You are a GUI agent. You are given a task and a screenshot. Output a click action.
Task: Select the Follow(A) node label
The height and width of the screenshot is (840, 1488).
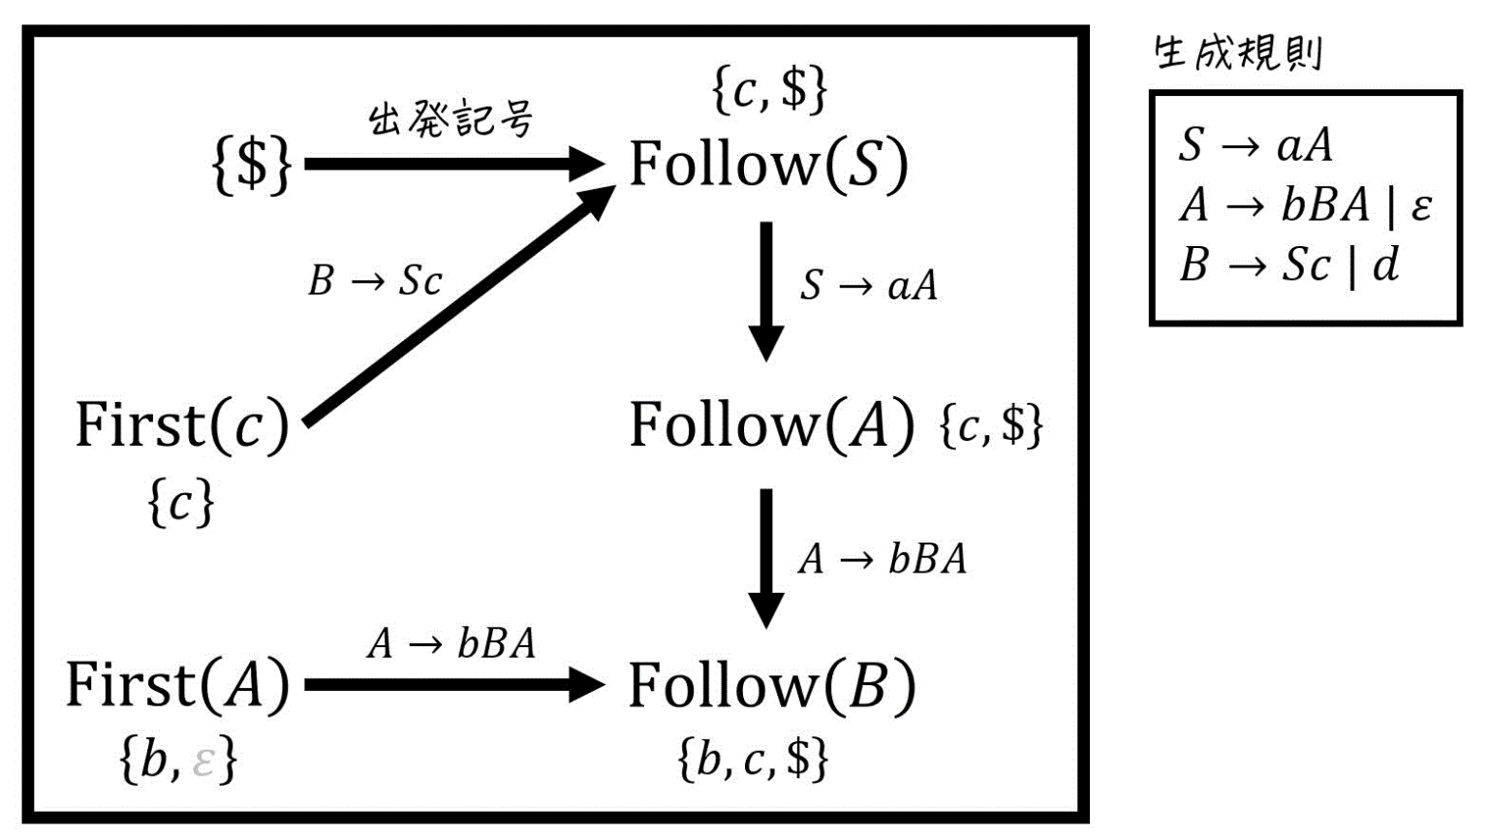pyautogui.click(x=771, y=424)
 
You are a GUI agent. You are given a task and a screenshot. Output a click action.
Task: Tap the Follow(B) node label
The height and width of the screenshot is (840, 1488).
pyautogui.click(x=771, y=686)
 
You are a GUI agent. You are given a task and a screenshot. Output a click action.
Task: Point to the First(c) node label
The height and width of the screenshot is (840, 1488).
pyautogui.click(x=182, y=424)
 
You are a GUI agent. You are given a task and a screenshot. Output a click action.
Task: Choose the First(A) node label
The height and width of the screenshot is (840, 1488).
pyautogui.click(x=177, y=684)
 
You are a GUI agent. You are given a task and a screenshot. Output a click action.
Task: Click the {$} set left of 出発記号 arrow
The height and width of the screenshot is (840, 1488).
pyautogui.click(x=251, y=163)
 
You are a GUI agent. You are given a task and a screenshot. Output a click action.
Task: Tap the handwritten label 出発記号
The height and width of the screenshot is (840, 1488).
pyautogui.click(x=450, y=120)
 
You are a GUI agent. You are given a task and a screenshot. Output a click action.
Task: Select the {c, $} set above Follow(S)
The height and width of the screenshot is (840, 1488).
pyautogui.click(x=769, y=89)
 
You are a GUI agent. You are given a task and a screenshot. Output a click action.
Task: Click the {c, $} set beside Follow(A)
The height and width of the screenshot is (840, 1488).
pyautogui.click(x=991, y=424)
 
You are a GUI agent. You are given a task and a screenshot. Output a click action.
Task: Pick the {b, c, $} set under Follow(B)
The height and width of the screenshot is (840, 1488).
pyautogui.click(x=753, y=758)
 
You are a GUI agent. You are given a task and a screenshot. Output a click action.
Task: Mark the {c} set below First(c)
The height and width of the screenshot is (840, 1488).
pyautogui.click(x=180, y=504)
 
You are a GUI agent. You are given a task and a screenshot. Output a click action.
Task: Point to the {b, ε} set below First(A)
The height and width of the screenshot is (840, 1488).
pyautogui.click(x=177, y=759)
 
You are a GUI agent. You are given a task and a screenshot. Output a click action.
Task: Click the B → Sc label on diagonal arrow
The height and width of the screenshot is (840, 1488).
pyautogui.click(x=375, y=281)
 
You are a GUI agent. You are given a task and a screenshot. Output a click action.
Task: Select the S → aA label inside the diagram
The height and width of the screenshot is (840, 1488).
pyautogui.click(x=869, y=285)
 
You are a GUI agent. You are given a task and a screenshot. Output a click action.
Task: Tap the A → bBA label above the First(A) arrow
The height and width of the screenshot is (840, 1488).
pyautogui.click(x=451, y=642)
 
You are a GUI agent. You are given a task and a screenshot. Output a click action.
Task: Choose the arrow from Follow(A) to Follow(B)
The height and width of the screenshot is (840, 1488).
pyautogui.click(x=766, y=557)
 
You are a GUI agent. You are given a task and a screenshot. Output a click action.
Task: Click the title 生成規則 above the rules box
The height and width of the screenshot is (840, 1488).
pyautogui.click(x=1237, y=52)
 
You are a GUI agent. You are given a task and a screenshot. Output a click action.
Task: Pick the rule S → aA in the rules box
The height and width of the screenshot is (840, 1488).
pyautogui.click(x=1255, y=145)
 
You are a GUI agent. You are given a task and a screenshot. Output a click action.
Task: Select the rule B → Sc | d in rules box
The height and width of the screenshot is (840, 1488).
pyautogui.click(x=1288, y=264)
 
